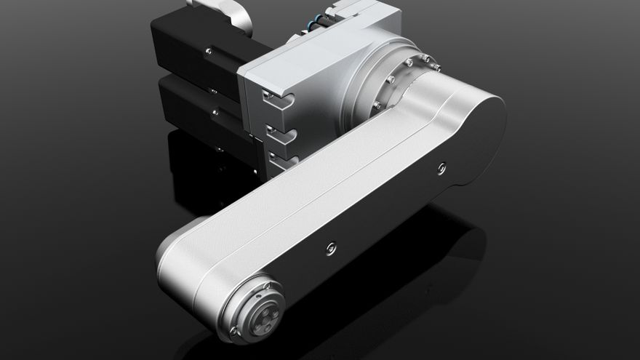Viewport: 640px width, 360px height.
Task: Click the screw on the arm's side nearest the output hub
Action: point(332,247)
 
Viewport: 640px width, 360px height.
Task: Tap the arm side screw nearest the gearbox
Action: point(441,168)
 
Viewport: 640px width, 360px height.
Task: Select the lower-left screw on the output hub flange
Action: point(234,331)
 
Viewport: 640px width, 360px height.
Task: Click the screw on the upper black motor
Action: point(209,51)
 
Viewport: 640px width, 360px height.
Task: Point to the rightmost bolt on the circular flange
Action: point(437,68)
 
